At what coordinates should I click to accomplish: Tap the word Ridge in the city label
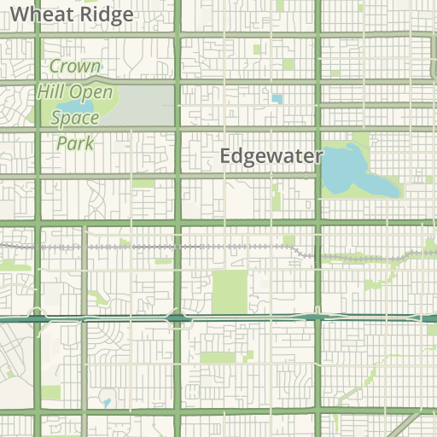pyautogui.click(x=106, y=15)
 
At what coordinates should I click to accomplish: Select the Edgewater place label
pyautogui.click(x=271, y=156)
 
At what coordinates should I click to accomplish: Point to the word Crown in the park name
pyautogui.click(x=75, y=67)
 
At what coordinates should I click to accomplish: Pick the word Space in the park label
pyautogui.click(x=75, y=118)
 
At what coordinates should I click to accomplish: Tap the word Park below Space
pyautogui.click(x=75, y=143)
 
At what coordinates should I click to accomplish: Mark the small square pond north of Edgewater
pyautogui.click(x=277, y=99)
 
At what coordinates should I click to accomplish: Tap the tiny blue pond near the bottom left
pyautogui.click(x=105, y=402)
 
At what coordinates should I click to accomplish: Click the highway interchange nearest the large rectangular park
pyautogui.click(x=178, y=318)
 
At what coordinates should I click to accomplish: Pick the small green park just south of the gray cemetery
pyautogui.click(x=143, y=183)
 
